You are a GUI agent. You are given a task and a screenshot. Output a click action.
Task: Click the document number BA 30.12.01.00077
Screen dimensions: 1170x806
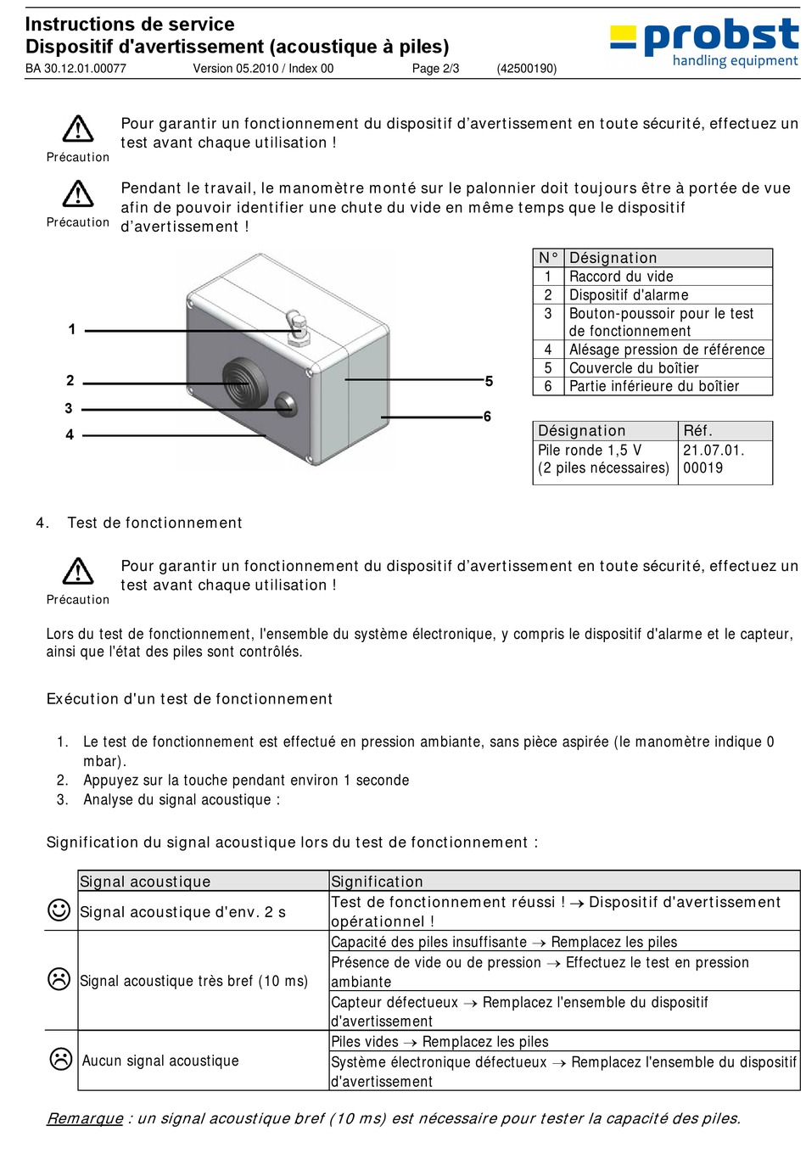[76, 69]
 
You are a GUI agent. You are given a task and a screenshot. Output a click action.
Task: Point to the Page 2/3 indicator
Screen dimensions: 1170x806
[435, 69]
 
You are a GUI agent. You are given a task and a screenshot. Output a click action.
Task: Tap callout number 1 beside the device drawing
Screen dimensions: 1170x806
[72, 329]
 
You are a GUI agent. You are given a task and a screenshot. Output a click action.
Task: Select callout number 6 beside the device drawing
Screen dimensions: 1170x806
[487, 417]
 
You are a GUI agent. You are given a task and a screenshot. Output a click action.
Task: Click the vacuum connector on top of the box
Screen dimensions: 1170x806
[298, 327]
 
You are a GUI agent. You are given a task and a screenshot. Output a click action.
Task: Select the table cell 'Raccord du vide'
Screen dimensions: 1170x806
[621, 277]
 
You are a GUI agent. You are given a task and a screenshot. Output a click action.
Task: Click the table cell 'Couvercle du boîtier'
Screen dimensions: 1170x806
[634, 368]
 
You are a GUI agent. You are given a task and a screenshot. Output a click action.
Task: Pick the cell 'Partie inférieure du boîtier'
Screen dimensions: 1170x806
[653, 386]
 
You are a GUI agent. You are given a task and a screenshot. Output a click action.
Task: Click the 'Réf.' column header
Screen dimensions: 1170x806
[697, 431]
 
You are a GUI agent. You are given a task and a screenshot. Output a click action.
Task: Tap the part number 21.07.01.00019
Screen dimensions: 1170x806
[713, 459]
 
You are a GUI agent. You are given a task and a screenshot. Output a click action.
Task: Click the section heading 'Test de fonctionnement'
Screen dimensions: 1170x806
[154, 523]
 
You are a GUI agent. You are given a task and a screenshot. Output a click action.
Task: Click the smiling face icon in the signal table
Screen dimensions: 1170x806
[59, 910]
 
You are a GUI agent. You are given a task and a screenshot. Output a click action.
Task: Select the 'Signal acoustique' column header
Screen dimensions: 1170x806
[145, 882]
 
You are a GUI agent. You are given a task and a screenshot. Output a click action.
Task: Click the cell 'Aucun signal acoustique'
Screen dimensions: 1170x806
[160, 1061]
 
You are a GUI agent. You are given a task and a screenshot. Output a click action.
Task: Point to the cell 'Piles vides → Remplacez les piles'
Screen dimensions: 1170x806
[439, 1042]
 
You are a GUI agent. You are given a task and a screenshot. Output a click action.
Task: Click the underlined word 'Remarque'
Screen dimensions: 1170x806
[84, 1118]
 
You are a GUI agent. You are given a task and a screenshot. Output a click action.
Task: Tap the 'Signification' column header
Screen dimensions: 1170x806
[377, 882]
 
